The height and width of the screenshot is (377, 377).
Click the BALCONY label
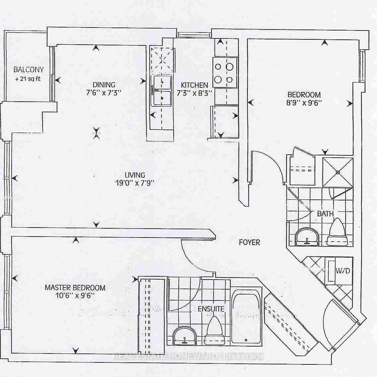29,70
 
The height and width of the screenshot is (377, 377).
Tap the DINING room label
104,85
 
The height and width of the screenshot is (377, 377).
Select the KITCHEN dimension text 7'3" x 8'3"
194,93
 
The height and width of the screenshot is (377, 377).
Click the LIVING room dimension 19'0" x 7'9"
135,183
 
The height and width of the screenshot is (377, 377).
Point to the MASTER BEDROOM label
75,288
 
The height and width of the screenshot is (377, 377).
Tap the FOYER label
249,242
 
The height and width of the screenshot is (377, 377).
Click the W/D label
343,271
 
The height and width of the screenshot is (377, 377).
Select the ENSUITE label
211,309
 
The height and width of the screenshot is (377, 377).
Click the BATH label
325,213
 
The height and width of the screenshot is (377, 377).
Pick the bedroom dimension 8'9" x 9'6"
304,103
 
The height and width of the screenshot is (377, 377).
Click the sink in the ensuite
184,336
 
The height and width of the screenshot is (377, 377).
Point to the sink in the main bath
307,237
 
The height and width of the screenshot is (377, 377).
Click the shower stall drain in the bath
338,172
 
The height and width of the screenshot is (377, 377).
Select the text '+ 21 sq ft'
28,79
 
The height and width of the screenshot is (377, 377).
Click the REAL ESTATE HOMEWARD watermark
189,356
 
